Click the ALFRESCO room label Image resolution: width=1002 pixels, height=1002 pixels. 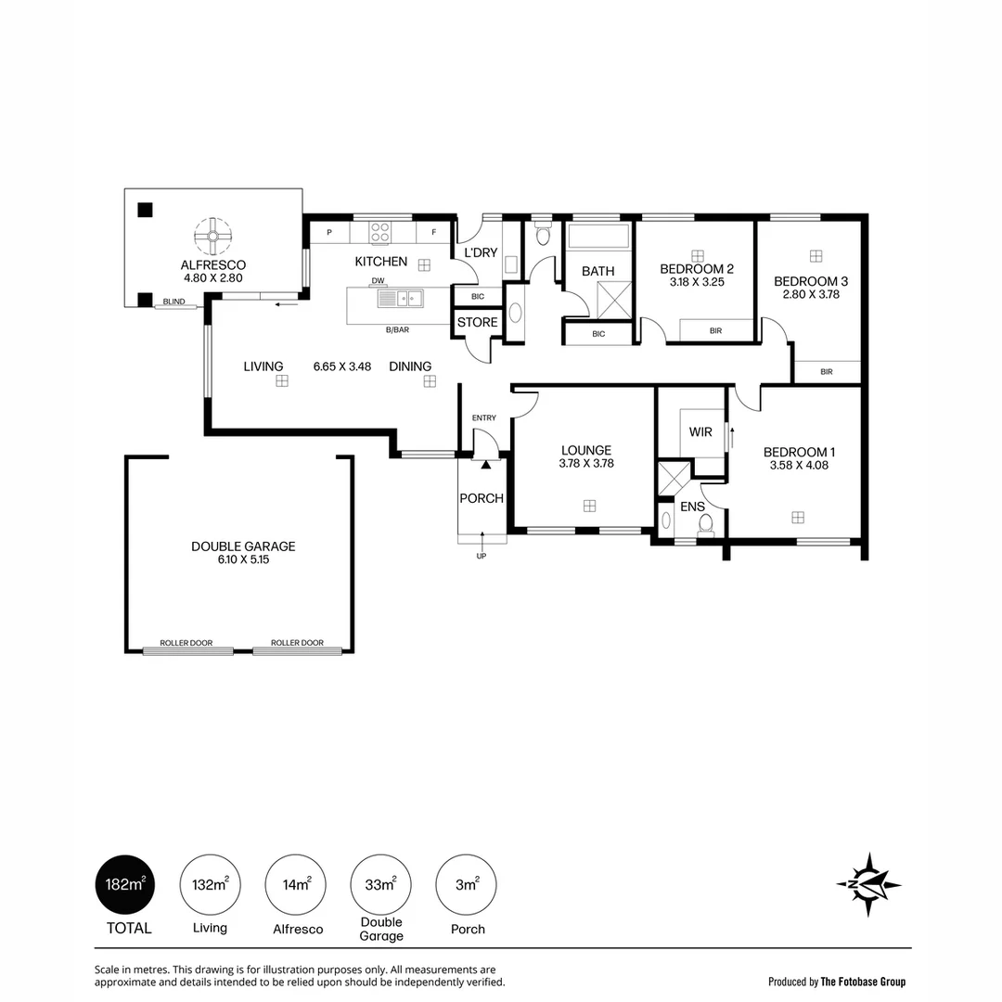click(x=212, y=264)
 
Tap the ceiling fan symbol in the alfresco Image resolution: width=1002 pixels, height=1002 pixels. click(x=212, y=237)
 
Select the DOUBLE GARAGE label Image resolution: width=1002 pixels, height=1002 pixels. click(x=243, y=546)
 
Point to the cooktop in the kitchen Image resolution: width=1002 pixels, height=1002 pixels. click(x=380, y=231)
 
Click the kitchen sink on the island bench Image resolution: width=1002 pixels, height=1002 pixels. click(x=400, y=299)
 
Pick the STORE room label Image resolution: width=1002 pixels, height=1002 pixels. click(x=478, y=322)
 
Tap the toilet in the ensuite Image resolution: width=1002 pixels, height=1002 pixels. click(x=705, y=524)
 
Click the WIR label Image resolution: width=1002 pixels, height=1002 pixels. click(x=700, y=432)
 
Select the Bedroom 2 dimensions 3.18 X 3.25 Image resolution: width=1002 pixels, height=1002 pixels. click(x=697, y=282)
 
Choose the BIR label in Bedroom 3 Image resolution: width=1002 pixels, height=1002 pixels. click(x=827, y=371)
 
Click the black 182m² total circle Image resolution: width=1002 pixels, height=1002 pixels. click(x=125, y=885)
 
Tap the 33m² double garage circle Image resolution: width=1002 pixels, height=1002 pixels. click(x=381, y=885)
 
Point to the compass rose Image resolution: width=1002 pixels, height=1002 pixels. click(x=868, y=884)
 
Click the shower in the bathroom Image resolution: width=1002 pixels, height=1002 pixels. click(x=614, y=300)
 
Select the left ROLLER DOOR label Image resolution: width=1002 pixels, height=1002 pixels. click(x=186, y=643)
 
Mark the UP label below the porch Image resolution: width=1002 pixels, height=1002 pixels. click(x=482, y=556)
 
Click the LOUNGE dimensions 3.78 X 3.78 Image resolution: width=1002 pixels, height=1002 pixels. click(x=586, y=463)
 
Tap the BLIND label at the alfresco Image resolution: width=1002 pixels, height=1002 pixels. click(x=173, y=302)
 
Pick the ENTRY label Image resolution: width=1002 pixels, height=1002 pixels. click(x=483, y=417)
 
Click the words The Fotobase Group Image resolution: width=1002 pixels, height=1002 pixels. click(x=863, y=982)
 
